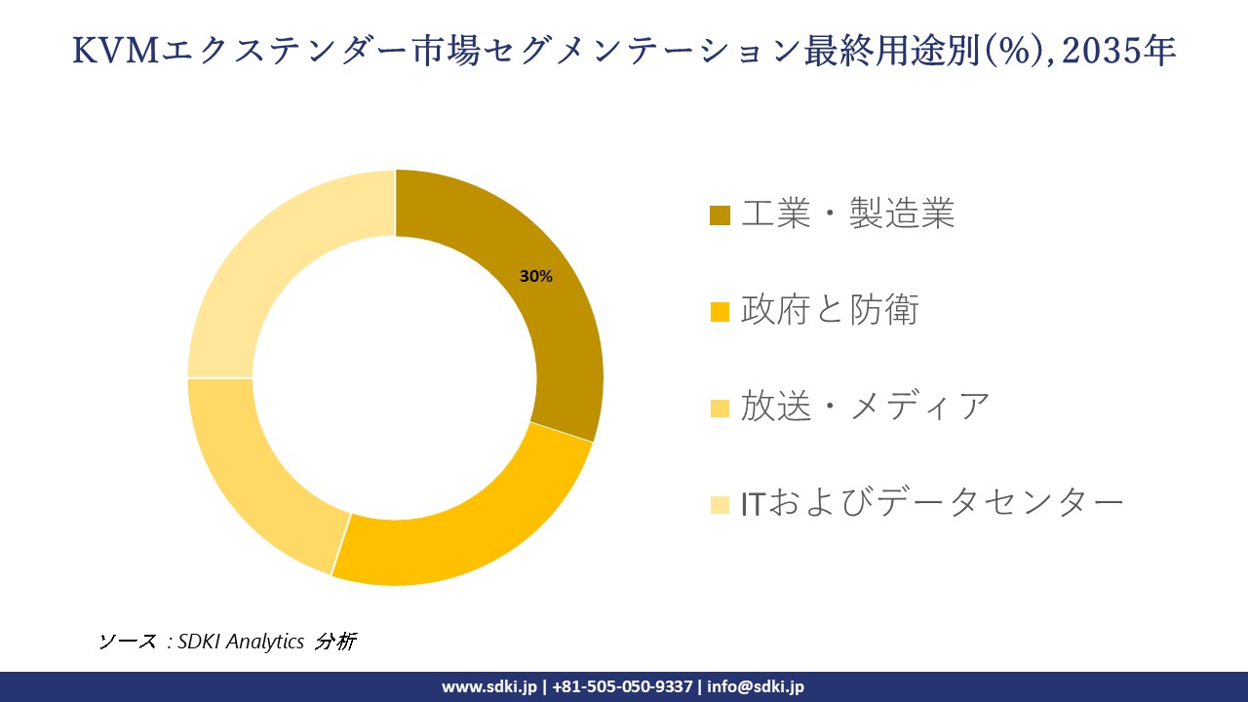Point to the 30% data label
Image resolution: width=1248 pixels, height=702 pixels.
pyautogui.click(x=536, y=277)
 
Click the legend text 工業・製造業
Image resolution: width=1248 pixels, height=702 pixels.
pyautogui.click(x=847, y=214)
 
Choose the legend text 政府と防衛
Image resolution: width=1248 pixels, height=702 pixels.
pyautogui.click(x=830, y=310)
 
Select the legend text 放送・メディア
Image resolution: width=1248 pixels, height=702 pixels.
pyautogui.click(x=865, y=406)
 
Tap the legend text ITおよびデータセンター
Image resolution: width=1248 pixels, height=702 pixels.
pyautogui.click(x=932, y=502)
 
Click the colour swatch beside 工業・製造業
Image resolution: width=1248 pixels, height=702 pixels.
pyautogui.click(x=720, y=215)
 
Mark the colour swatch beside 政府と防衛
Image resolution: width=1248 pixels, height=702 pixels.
pyautogui.click(x=720, y=312)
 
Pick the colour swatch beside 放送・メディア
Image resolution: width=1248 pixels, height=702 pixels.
pyautogui.click(x=720, y=408)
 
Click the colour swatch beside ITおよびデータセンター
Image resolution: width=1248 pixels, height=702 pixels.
pyautogui.click(x=720, y=504)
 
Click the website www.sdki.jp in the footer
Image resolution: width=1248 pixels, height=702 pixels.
pyautogui.click(x=488, y=686)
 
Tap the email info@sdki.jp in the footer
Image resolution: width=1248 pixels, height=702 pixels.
pyautogui.click(x=756, y=686)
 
